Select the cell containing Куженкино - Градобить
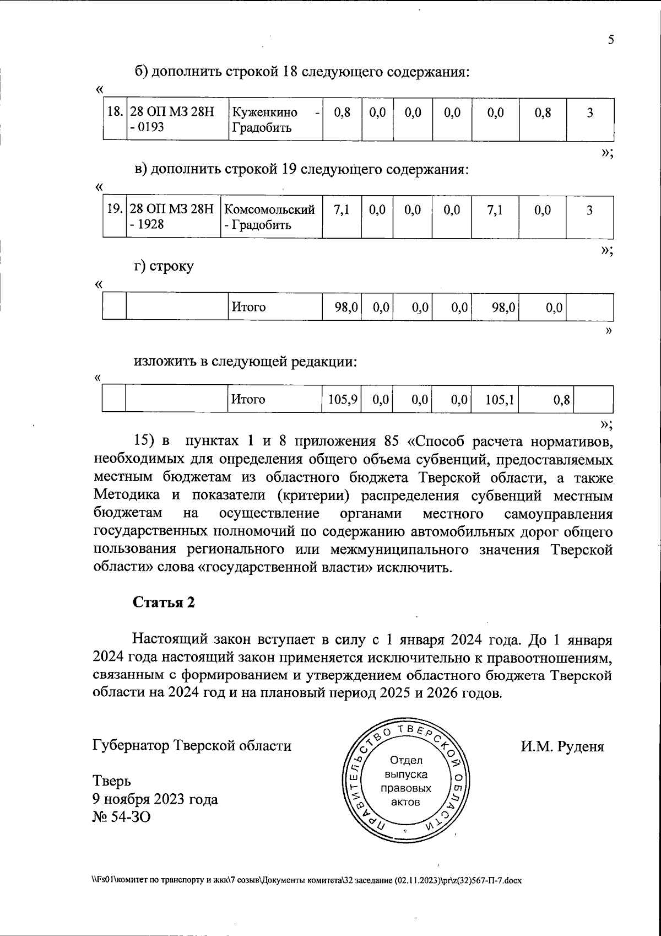click(x=275, y=120)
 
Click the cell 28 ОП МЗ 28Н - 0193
click(x=177, y=120)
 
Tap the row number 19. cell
click(x=115, y=210)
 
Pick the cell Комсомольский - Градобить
click(x=270, y=217)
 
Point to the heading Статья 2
click(x=164, y=602)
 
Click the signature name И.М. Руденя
click(x=562, y=746)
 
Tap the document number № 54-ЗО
click(x=121, y=816)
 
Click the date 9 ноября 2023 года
click(x=155, y=799)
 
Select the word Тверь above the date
click(x=112, y=781)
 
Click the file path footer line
click(x=306, y=880)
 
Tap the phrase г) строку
click(x=164, y=267)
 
